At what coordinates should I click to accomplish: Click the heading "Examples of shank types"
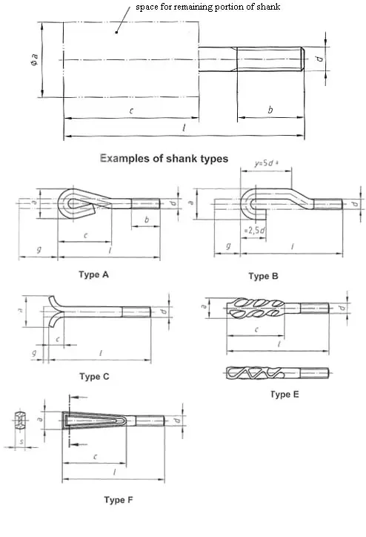point(164,159)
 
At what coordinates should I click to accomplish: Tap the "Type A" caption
point(93,274)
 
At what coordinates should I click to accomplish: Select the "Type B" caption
point(263,277)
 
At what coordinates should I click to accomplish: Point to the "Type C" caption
point(94,377)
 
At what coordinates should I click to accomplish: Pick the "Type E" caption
point(285,395)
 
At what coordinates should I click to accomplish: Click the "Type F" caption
point(119,500)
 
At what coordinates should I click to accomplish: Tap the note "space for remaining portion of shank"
point(208,7)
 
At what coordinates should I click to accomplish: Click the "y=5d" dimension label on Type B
point(266,163)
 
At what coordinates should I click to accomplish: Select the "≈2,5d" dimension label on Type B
point(254,230)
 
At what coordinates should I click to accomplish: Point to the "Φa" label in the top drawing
point(34,59)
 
